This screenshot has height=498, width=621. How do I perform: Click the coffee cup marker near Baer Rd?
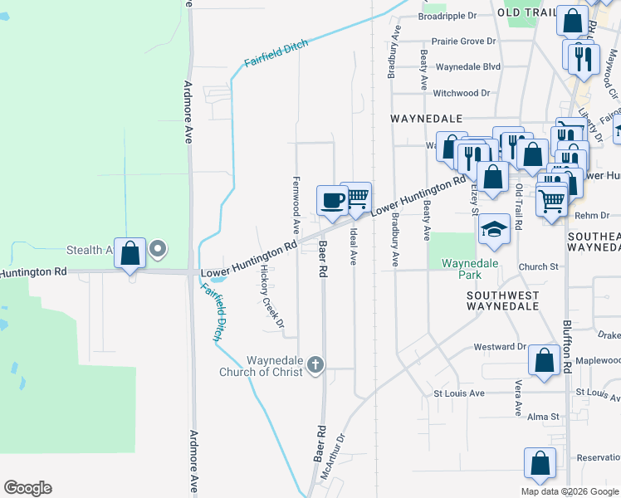pyautogui.click(x=332, y=201)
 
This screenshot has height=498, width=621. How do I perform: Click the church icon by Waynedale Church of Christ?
pyautogui.click(x=315, y=364)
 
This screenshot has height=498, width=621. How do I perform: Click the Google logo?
pyautogui.click(x=27, y=488)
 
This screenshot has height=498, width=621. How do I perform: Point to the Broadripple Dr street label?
pyautogui.click(x=447, y=16)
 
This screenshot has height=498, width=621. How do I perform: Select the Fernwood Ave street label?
pyautogui.click(x=296, y=204)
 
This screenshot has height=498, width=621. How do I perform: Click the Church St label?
pyautogui.click(x=539, y=267)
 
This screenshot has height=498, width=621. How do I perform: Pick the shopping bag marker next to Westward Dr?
pyautogui.click(x=544, y=360)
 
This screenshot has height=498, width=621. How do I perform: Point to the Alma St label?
pyautogui.click(x=543, y=417)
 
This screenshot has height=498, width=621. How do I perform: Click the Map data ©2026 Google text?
pyautogui.click(x=570, y=491)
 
